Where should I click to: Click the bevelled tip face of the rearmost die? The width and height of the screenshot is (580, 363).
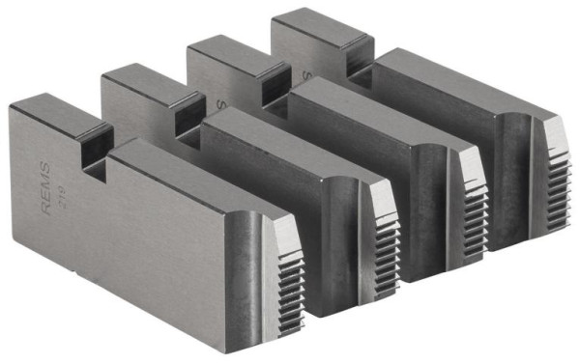coord(552,129)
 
